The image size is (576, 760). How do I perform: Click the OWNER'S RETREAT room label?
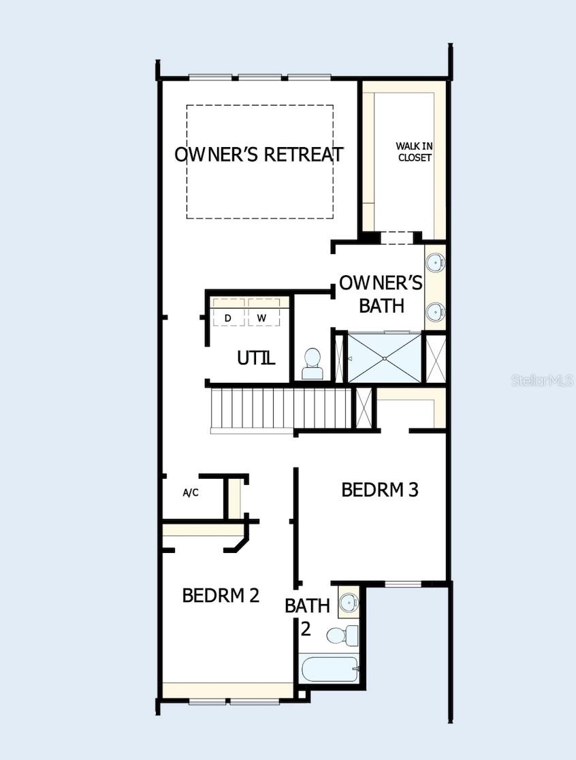[259, 154]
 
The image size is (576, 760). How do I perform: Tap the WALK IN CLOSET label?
[414, 152]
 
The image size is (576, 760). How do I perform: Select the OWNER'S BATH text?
[381, 294]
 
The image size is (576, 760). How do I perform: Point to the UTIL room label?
[256, 358]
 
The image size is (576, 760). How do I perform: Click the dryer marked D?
[227, 318]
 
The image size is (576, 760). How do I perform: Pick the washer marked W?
[262, 318]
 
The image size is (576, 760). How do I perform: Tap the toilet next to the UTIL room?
[313, 364]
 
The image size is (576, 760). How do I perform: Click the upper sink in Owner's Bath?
[436, 261]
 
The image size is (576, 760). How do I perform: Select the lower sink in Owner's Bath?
[436, 312]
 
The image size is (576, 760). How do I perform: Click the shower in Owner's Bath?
[385, 358]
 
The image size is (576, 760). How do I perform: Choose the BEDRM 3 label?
[379, 490]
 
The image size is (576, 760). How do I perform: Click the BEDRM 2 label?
[221, 595]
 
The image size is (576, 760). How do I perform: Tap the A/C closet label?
[191, 492]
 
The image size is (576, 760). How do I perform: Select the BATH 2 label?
[307, 616]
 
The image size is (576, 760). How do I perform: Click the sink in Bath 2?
[349, 601]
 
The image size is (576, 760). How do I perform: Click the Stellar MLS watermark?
[542, 380]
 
